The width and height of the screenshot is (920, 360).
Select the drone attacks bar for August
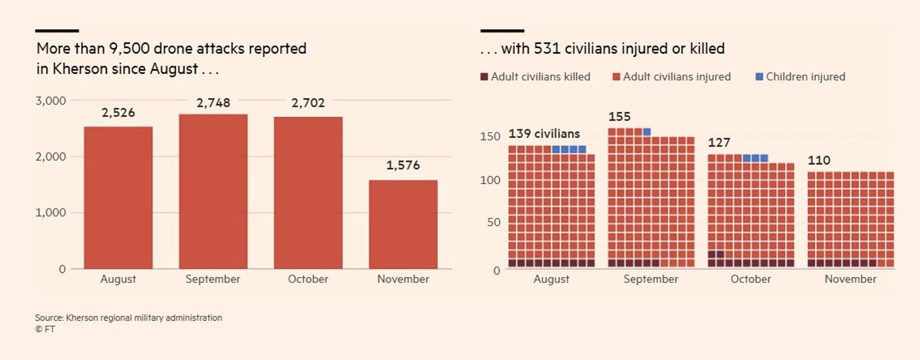point(118,198)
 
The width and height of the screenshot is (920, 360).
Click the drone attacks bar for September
point(213,191)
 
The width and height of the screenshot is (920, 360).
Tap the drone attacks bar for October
point(308,193)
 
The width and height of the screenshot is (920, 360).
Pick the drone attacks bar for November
point(403,224)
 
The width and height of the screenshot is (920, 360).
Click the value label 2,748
point(213,103)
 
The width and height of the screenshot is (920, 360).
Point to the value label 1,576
point(403,166)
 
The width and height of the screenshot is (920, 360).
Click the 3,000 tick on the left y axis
point(51,101)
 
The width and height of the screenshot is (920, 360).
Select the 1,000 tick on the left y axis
point(51,213)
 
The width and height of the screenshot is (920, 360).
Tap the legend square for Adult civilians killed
point(484,77)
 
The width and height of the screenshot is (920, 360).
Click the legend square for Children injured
point(759,77)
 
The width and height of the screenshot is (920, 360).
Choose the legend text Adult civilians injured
point(677,77)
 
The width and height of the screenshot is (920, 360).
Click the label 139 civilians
point(544,134)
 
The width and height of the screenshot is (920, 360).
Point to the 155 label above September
point(619,117)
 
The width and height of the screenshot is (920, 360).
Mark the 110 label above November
point(819,160)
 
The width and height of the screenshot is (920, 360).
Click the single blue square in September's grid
point(647,132)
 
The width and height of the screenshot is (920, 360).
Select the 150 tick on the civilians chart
point(490,136)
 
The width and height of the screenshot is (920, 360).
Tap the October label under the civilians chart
point(751,279)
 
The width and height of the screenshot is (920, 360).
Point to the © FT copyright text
point(45,329)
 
